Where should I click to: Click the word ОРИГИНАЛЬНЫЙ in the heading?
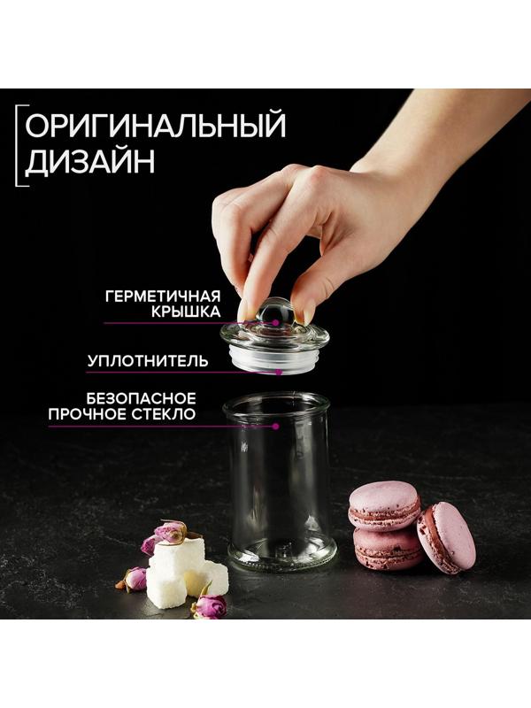click(155, 126)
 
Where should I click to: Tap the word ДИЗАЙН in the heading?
click(89, 163)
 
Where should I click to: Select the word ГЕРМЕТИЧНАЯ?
click(162, 296)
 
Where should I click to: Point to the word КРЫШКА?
click(186, 313)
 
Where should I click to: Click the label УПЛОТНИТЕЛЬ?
click(148, 361)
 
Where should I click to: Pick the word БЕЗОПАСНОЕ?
click(142, 398)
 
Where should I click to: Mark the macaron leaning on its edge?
click(447, 536)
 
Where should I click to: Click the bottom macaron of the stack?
click(386, 549)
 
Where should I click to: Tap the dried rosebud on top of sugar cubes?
click(170, 533)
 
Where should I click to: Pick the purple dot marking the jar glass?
click(276, 426)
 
